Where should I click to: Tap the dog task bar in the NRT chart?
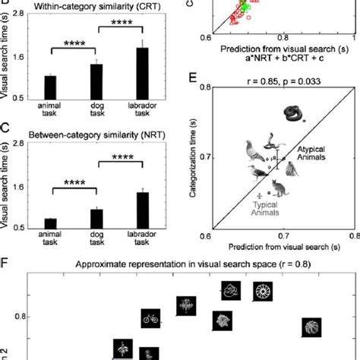[96, 217]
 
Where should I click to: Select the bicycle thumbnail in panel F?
[151, 319]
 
